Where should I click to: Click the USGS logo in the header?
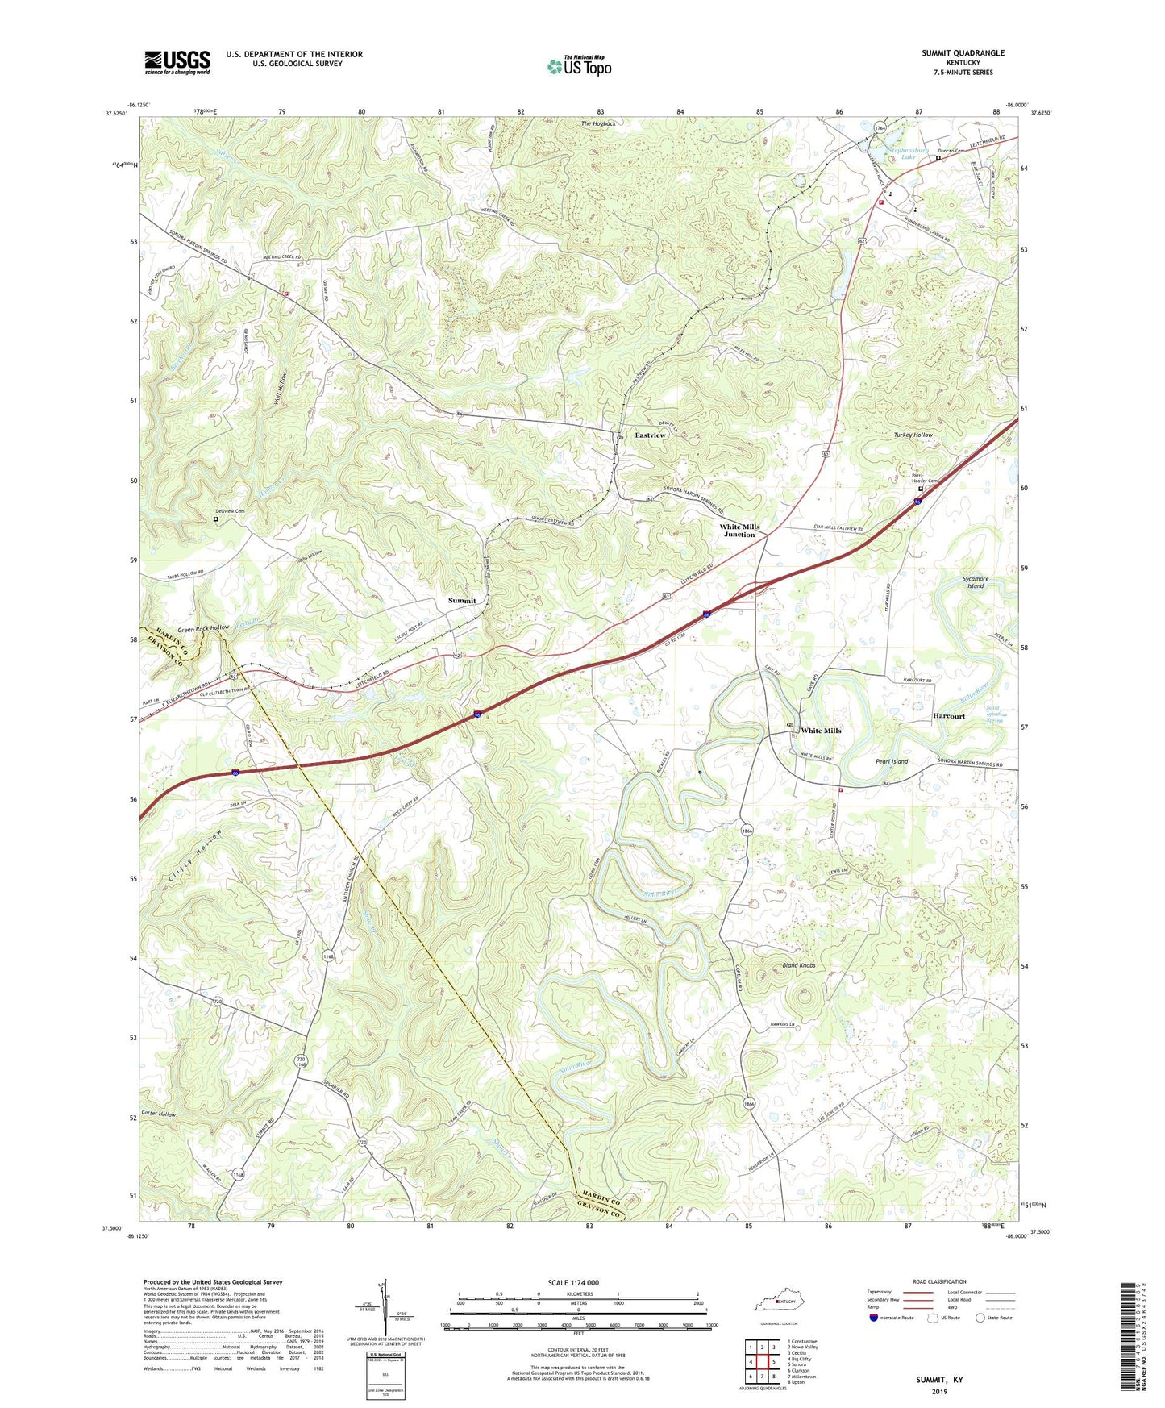pos(177,62)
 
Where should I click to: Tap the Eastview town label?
pos(651,435)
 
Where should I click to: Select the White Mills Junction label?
pos(739,531)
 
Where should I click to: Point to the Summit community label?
pos(462,601)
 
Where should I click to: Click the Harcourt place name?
pos(949,716)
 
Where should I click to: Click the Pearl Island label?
pos(892,761)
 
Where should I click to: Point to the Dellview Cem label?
pos(230,512)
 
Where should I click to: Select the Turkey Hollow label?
pos(913,435)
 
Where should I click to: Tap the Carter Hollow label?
pos(158,1114)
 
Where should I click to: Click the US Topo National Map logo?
pos(578,66)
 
